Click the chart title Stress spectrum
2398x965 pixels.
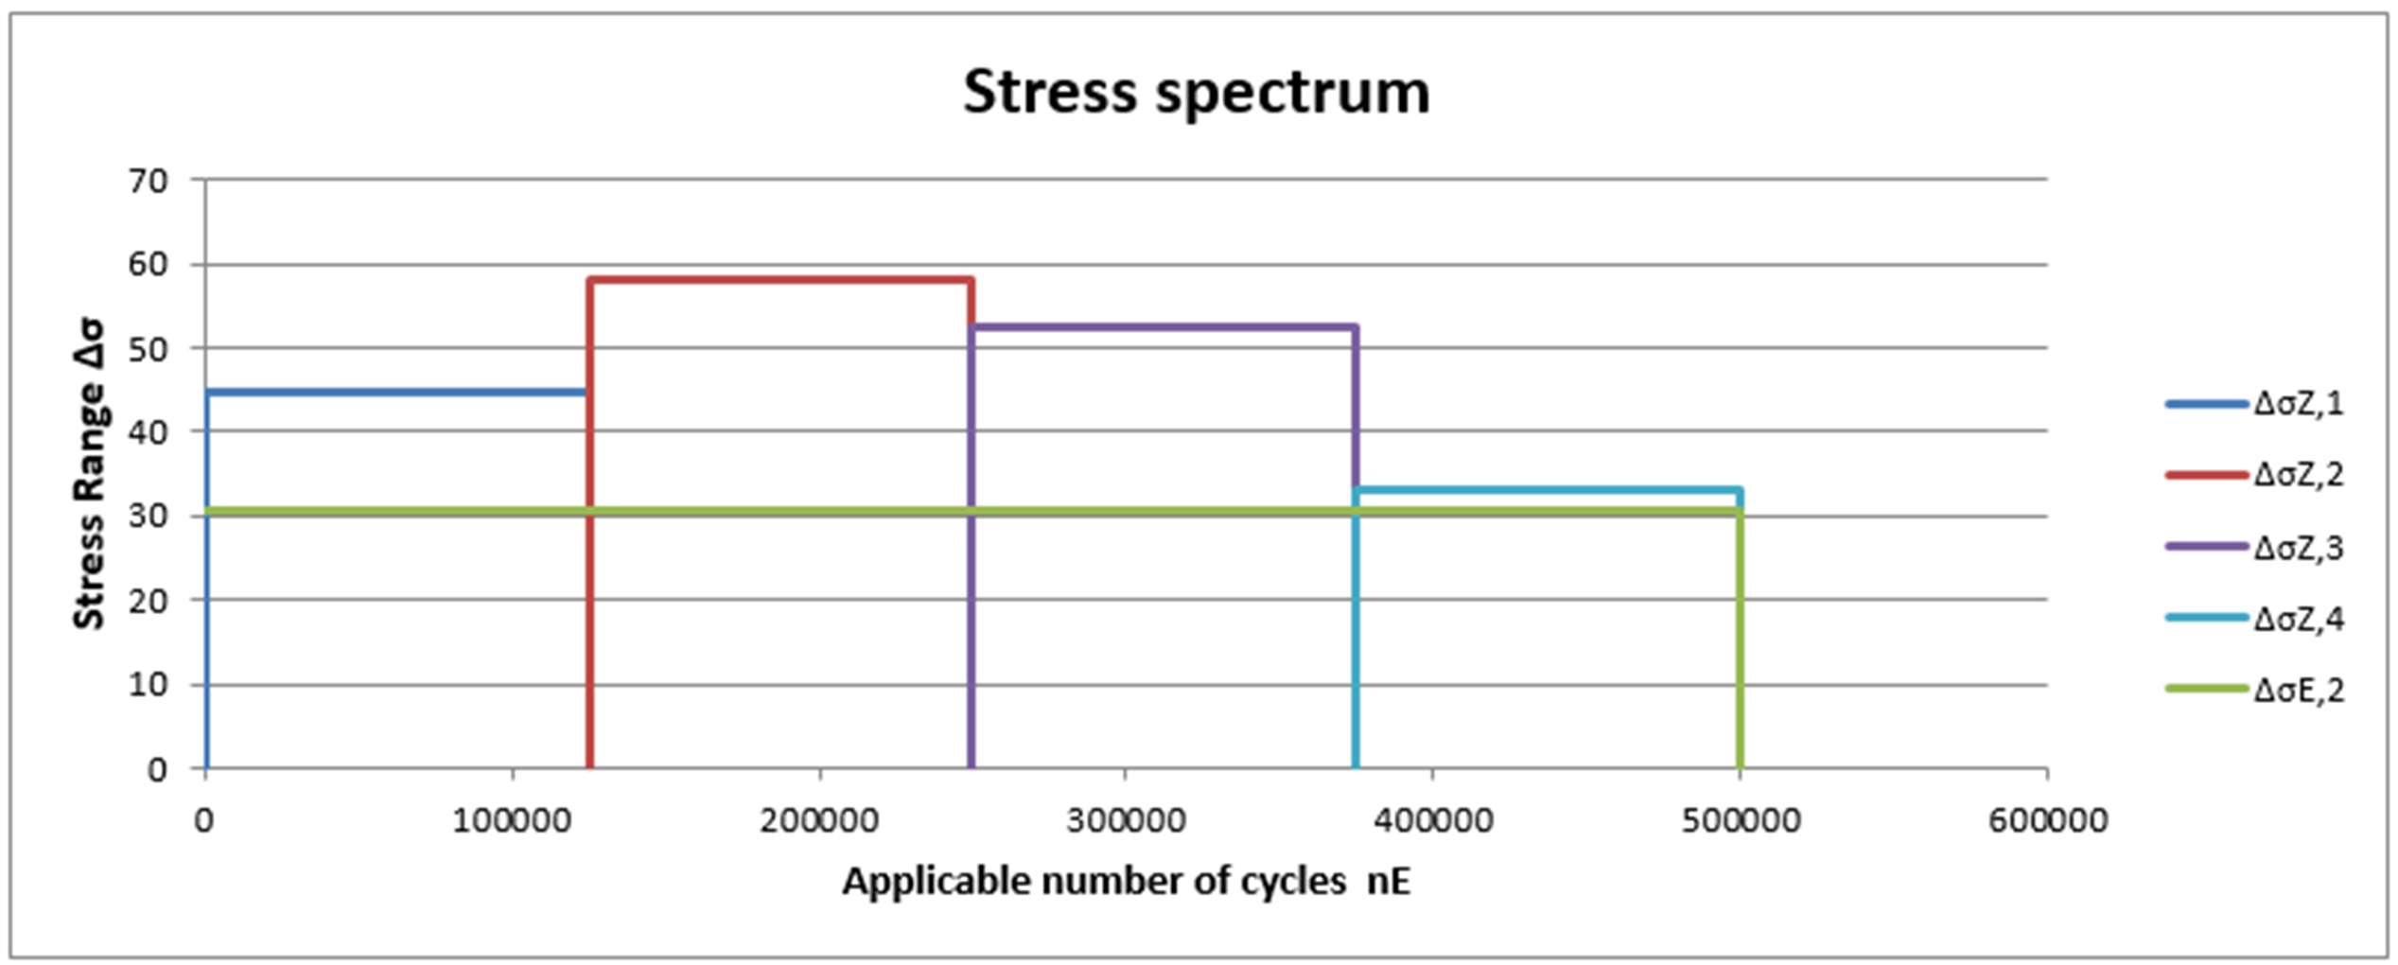[1196, 93]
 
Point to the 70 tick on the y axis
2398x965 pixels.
[148, 181]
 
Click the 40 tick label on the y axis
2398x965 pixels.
[148, 432]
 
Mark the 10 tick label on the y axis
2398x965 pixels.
[148, 684]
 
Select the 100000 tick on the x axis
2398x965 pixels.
[512, 819]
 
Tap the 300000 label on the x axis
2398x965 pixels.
[1126, 819]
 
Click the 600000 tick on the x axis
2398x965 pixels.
[2047, 819]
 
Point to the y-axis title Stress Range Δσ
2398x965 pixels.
[90, 474]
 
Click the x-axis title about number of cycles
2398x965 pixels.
[1126, 881]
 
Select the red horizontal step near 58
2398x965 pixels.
[780, 280]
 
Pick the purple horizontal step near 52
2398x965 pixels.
[1164, 327]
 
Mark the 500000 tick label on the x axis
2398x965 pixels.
[1740, 819]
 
